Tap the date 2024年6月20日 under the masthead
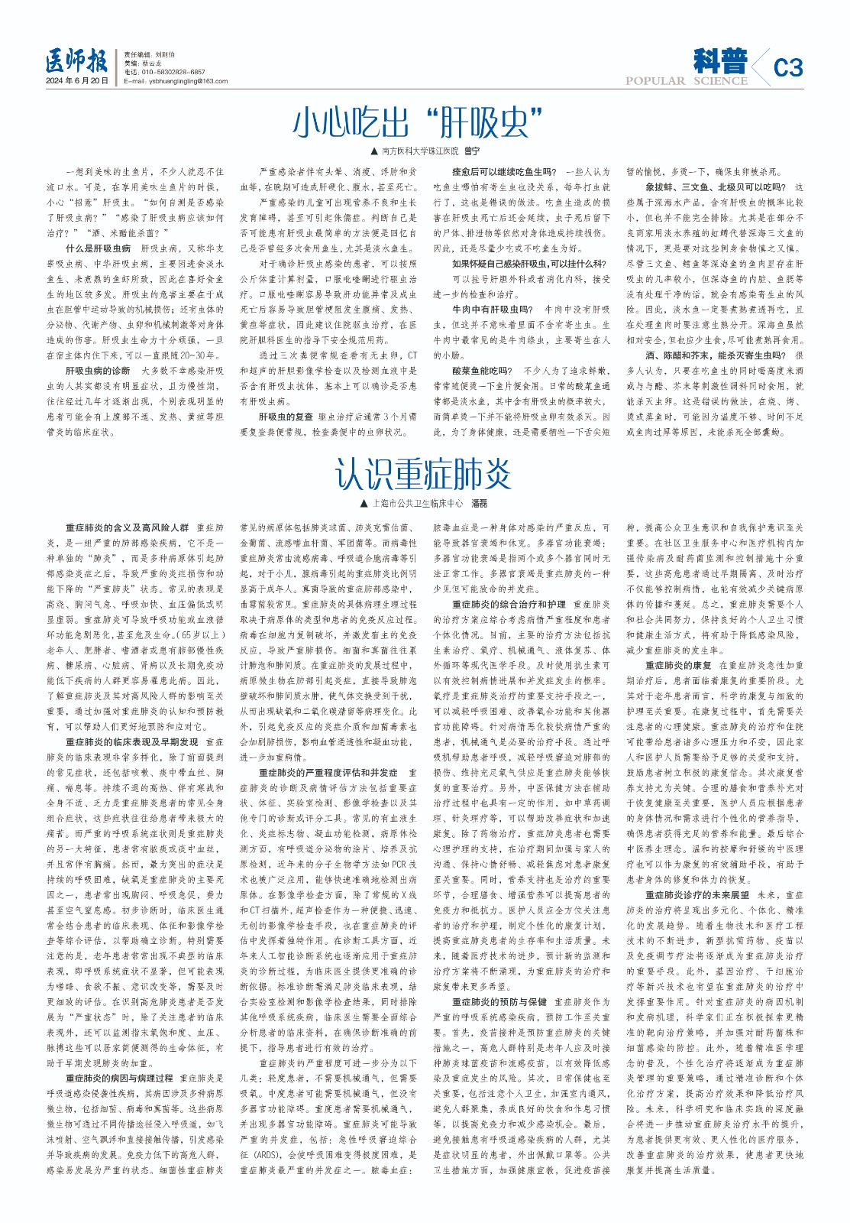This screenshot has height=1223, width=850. point(77,81)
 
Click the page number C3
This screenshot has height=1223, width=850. point(787,68)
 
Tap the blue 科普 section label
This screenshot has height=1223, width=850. point(720,60)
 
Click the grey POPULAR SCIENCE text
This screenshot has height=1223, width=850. point(686,81)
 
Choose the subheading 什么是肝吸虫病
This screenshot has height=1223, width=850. point(98,248)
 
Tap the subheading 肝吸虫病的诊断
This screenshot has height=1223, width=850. point(98,371)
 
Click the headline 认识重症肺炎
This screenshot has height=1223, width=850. point(423,475)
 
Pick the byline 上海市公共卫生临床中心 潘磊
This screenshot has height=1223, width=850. point(424,504)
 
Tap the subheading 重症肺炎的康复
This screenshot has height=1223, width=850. point(678,666)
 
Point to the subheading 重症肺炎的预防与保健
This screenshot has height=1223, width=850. point(499,1002)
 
